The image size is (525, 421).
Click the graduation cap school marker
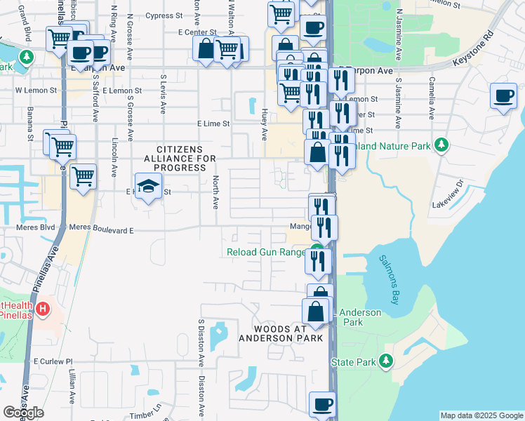pyautogui.click(x=147, y=186)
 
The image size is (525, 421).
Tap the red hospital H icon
pyautogui.click(x=44, y=308)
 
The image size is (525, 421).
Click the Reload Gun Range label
pyautogui.click(x=266, y=253)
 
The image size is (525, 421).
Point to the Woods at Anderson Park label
pyautogui.click(x=281, y=333)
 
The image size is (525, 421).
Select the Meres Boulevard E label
pyautogui.click(x=101, y=229)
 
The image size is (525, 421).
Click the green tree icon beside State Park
pyautogui.click(x=385, y=361)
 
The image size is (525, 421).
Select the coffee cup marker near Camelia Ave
pyautogui.click(x=503, y=95)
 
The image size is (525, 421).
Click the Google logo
pyautogui.click(x=23, y=413)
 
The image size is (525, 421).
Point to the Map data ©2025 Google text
pyautogui.click(x=481, y=415)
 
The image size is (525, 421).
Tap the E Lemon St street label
pyautogui.click(x=121, y=91)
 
